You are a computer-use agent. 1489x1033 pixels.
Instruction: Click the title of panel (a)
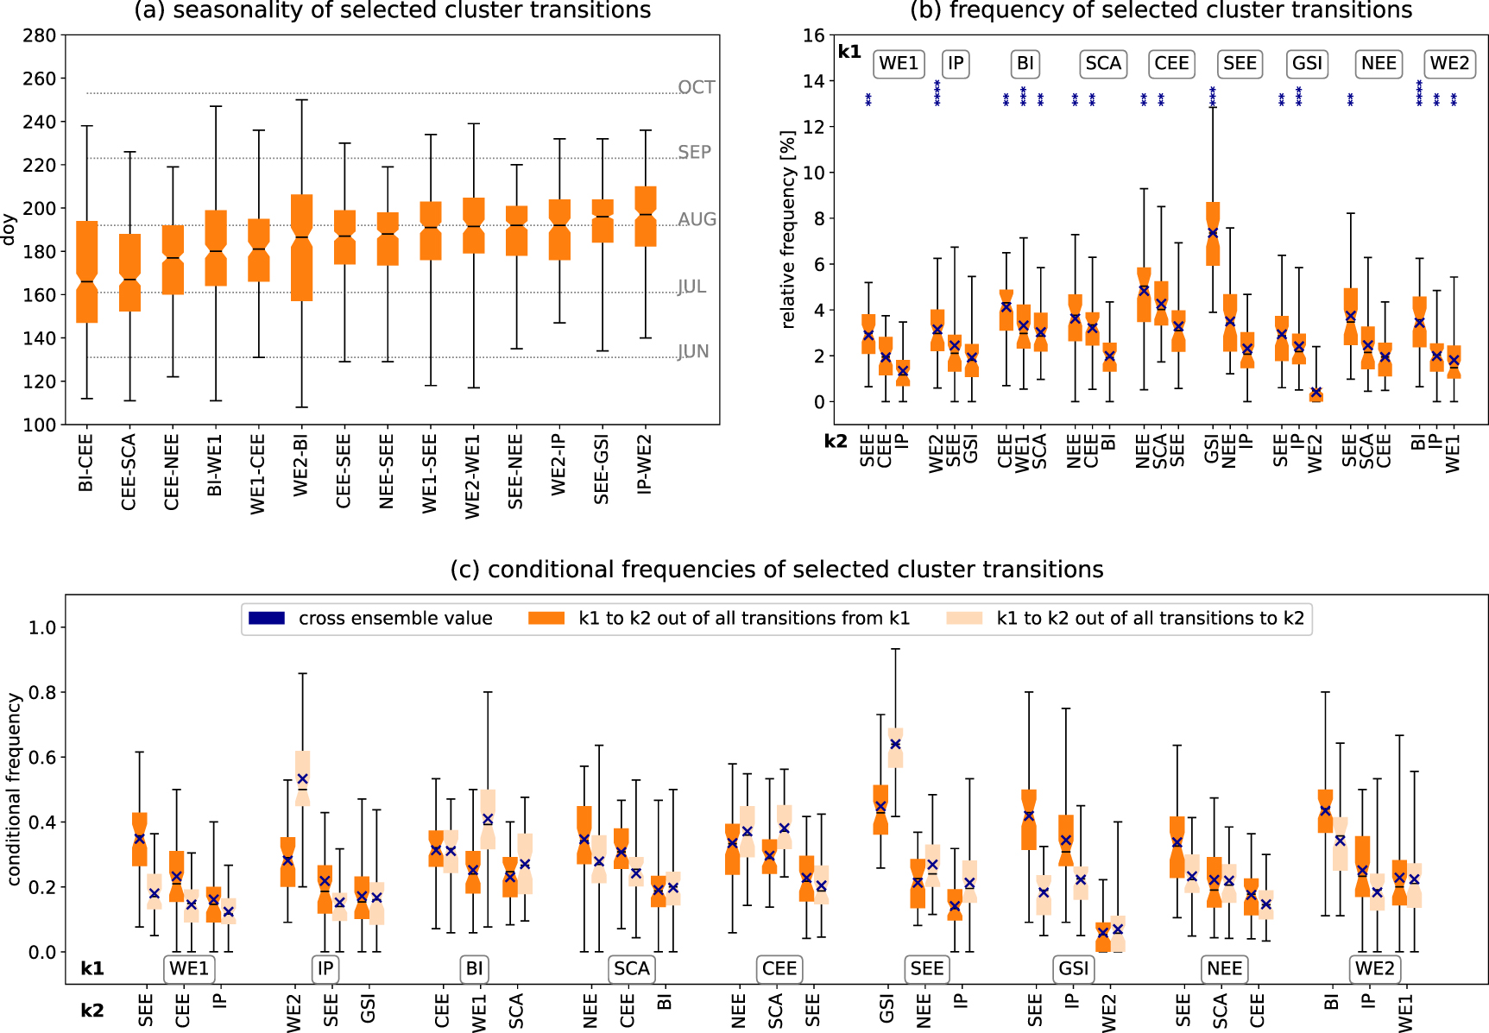point(393,11)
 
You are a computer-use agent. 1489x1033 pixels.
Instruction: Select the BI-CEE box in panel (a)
point(87,272)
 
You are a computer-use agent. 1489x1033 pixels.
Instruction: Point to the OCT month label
point(696,87)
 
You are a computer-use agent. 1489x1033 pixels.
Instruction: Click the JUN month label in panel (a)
point(693,351)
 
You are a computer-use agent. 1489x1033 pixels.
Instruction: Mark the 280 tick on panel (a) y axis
point(40,35)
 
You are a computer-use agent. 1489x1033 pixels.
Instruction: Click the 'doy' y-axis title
point(9,230)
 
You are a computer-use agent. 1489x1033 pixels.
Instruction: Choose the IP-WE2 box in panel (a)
point(646,216)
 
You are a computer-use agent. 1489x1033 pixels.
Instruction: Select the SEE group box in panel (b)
point(1240,63)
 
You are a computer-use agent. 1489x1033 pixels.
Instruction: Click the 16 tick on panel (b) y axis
point(813,35)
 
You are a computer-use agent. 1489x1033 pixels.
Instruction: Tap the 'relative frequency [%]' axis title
point(787,230)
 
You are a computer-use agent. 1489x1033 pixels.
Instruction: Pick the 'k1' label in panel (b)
point(849,52)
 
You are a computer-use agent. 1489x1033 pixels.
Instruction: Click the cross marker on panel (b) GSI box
point(1213,233)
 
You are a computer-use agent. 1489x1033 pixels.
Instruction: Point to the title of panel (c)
point(776,570)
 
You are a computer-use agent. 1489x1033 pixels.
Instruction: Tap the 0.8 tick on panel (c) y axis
point(42,692)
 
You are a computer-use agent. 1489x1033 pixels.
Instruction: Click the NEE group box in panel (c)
point(1224,968)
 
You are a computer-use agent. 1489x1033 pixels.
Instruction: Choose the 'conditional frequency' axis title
point(14,789)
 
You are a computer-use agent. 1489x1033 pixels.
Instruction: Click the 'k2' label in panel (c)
point(91,1011)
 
